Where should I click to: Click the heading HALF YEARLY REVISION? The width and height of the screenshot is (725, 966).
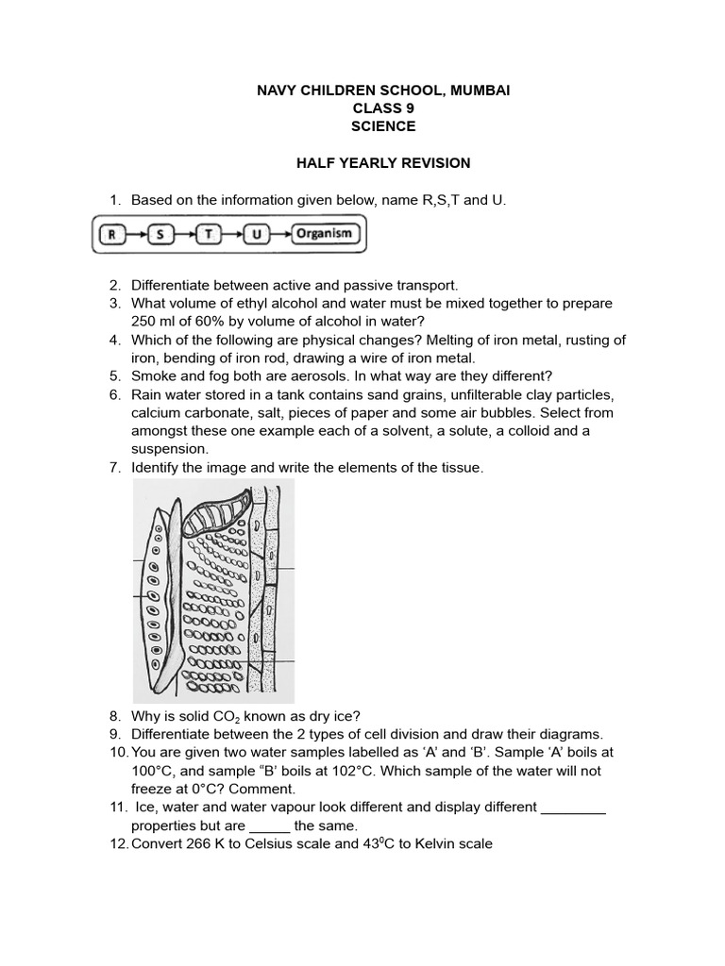(383, 163)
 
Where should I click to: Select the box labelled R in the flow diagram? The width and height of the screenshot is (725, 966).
(111, 234)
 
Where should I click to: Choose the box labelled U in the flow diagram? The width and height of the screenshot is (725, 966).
(256, 234)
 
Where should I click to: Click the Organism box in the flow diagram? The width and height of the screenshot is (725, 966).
(323, 233)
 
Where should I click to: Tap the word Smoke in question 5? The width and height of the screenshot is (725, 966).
(151, 375)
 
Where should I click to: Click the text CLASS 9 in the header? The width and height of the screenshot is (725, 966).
(383, 108)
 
